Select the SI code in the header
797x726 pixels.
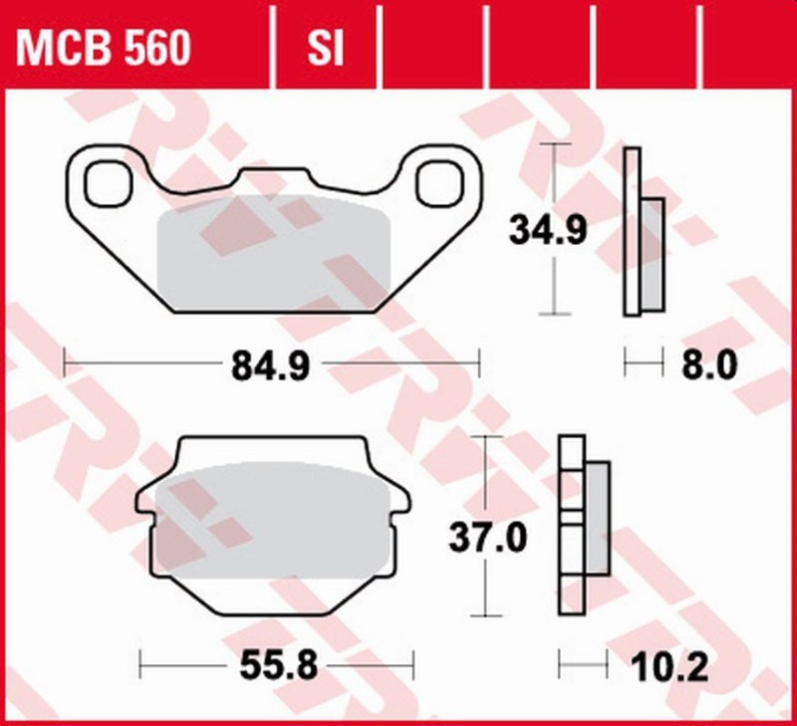click(x=323, y=47)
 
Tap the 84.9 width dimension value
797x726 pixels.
click(x=271, y=364)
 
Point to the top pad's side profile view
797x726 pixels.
click(x=643, y=231)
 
